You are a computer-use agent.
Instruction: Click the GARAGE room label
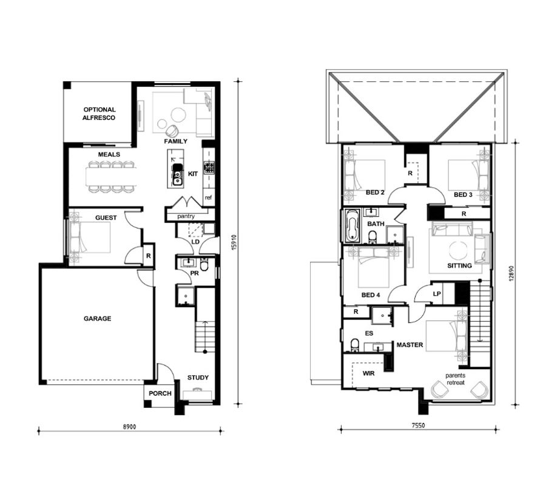(x=98, y=318)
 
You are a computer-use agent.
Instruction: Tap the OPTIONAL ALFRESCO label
(x=99, y=113)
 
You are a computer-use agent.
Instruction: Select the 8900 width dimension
(x=130, y=427)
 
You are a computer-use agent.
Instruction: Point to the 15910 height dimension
(x=234, y=242)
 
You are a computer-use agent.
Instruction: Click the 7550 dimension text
(x=418, y=425)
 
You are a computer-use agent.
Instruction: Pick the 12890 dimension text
(x=511, y=273)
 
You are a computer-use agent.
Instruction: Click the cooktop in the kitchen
(x=209, y=168)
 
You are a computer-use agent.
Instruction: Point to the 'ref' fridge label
(x=208, y=198)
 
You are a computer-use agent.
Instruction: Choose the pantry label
(x=186, y=216)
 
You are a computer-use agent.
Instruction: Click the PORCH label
(x=160, y=393)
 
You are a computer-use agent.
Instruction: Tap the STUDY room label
(x=198, y=378)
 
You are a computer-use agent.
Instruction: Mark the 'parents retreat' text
(x=456, y=379)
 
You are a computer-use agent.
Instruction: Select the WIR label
(x=368, y=373)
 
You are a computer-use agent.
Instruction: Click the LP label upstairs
(x=437, y=294)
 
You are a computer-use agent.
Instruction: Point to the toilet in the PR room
(x=204, y=265)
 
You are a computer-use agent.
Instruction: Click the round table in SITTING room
(x=458, y=249)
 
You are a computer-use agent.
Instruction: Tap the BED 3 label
(x=463, y=195)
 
